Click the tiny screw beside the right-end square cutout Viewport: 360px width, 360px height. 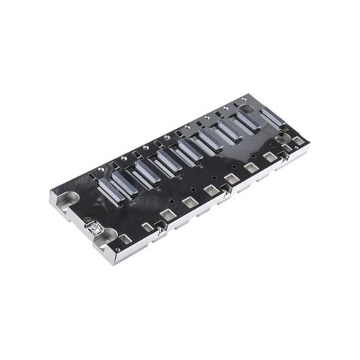287,148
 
